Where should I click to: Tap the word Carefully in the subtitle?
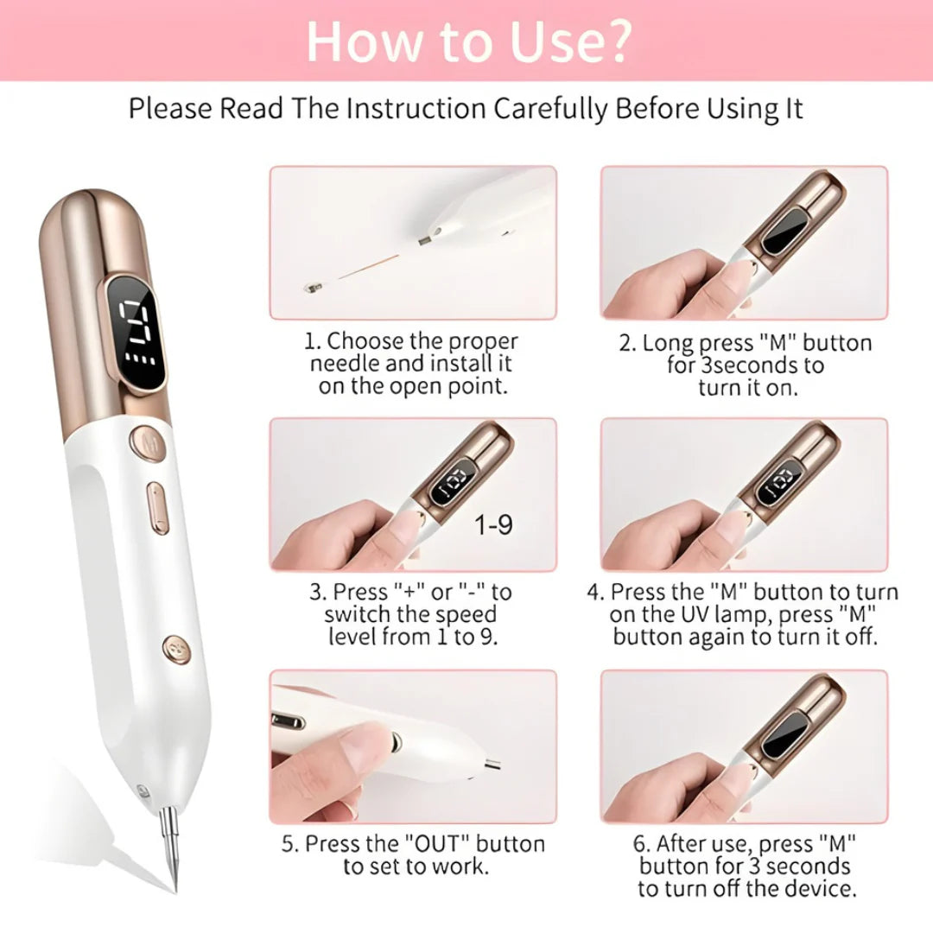point(550,110)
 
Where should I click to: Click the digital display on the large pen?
point(136,333)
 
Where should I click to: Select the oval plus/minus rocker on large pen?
point(157,508)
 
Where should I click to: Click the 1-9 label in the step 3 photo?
point(493,525)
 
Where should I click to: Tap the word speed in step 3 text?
point(466,615)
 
